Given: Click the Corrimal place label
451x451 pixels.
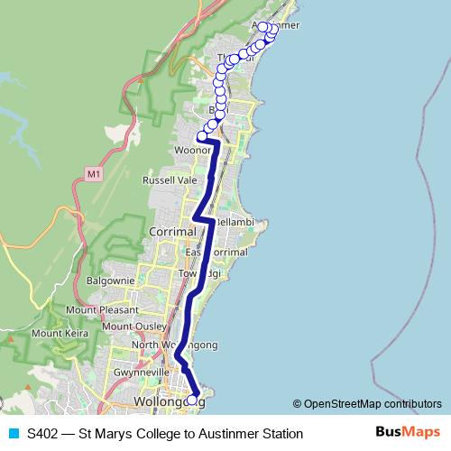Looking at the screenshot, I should [169, 232].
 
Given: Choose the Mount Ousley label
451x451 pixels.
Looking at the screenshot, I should [133, 326].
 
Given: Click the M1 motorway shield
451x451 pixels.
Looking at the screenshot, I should [94, 172].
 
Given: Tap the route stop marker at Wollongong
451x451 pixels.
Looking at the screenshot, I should [191, 399].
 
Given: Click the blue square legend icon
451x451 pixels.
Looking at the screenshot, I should [11, 434].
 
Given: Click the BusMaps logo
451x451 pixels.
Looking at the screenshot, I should [408, 433].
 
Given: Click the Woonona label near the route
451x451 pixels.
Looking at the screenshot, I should [193, 151].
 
